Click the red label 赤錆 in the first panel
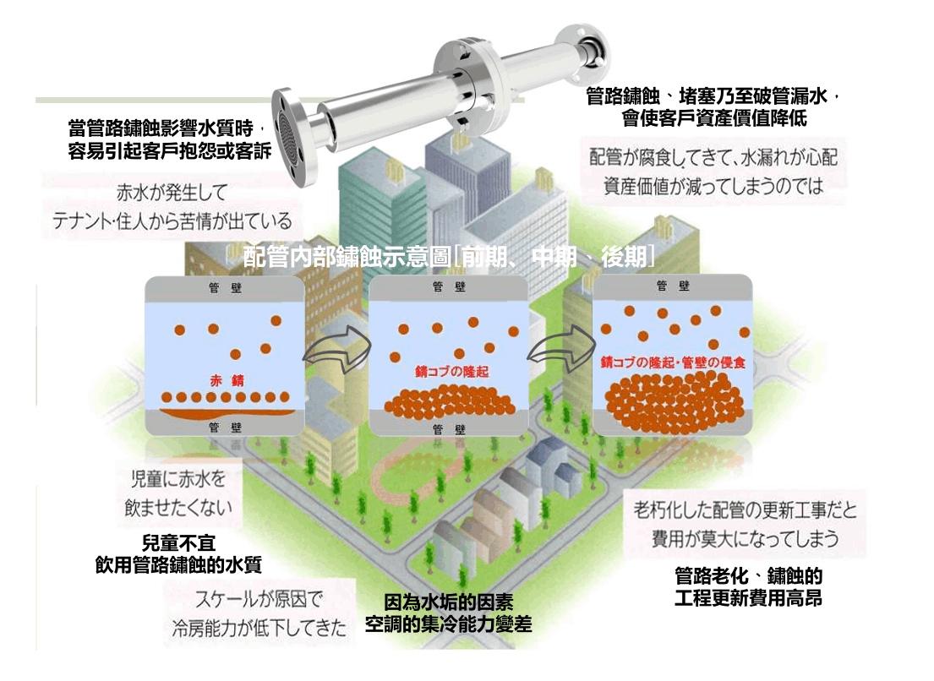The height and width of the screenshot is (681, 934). coord(223,380)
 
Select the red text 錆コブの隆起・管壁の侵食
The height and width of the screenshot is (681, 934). coord(673,362)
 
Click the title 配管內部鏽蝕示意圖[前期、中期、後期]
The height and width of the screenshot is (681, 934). coord(448,257)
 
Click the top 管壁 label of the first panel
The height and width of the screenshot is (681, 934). coord(224,287)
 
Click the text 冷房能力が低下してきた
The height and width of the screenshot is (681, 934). coord(259,628)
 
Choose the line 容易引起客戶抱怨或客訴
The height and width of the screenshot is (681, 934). coord(169,151)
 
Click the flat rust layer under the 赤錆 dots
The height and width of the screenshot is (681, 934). coord(223,413)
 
